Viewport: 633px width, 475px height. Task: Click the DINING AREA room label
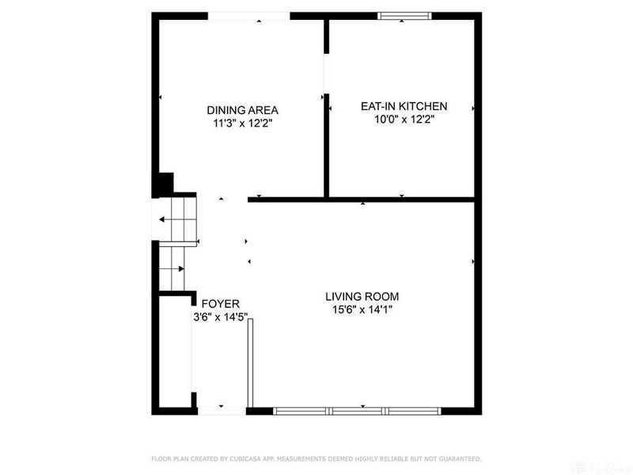click(242, 110)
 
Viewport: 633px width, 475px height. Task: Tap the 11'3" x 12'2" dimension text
click(242, 123)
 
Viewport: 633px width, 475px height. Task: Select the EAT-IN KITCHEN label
click(404, 106)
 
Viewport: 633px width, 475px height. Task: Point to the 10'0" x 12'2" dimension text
click(404, 120)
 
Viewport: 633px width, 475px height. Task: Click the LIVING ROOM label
click(362, 297)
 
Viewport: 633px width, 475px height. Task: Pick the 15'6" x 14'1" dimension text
click(362, 310)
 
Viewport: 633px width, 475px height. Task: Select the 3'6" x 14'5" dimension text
click(221, 317)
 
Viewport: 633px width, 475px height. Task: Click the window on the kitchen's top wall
click(404, 15)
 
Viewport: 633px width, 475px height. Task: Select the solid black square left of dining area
click(162, 184)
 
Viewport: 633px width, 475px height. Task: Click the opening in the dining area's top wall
click(248, 16)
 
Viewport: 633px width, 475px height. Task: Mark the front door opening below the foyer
click(222, 411)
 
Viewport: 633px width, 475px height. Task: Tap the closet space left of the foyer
click(174, 352)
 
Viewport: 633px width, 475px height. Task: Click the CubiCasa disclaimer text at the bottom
click(316, 458)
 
